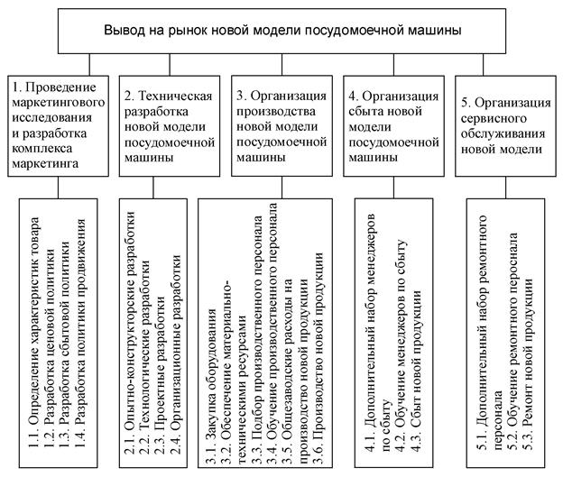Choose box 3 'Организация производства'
coord(281,125)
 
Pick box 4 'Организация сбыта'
coord(395,125)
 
